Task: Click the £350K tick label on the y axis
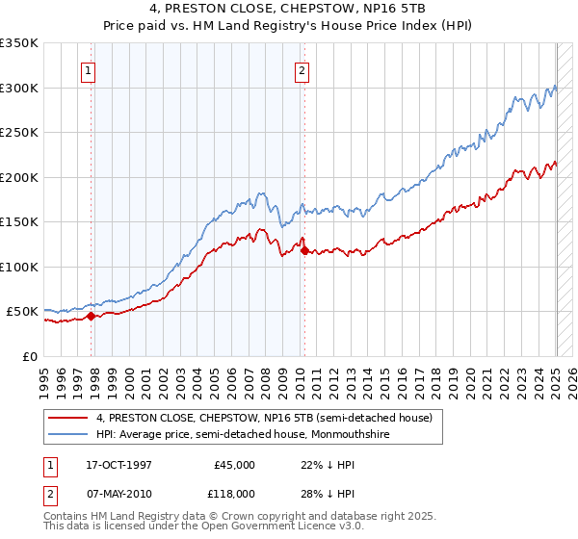click(19, 43)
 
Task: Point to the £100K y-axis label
click(19, 267)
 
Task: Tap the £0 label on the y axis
click(30, 356)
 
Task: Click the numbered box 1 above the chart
click(88, 69)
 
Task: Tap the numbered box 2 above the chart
click(302, 69)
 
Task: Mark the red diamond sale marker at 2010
click(305, 251)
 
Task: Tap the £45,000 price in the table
click(235, 465)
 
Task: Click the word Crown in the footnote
click(249, 517)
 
